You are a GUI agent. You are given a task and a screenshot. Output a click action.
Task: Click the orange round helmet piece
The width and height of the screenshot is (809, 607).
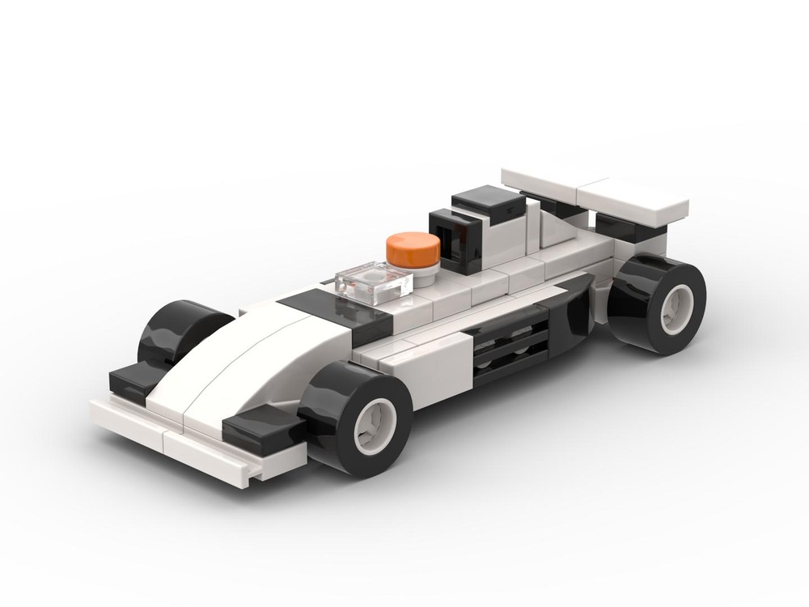tap(413, 248)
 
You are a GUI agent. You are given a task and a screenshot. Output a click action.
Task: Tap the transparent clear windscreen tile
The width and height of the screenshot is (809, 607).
tap(373, 283)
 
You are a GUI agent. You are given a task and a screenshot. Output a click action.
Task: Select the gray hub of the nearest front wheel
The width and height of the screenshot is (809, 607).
tap(375, 423)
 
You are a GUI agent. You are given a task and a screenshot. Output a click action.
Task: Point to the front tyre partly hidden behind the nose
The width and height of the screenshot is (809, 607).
tap(174, 332)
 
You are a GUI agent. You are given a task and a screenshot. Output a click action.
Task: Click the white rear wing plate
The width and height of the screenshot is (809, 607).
tap(594, 193)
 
